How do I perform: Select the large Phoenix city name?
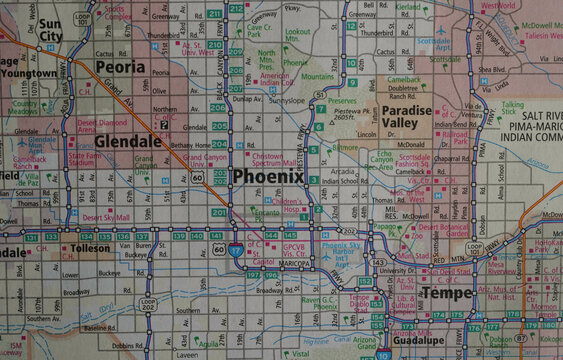coord(267,176)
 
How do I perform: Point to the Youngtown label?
coord(27,73)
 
